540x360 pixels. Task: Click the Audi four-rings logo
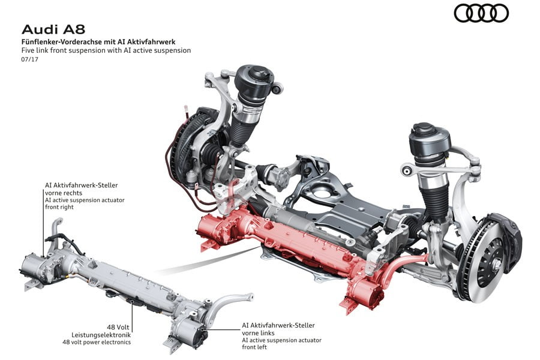pos(481,14)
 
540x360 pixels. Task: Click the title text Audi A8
pos(53,29)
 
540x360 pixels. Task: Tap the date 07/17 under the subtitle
pos(30,59)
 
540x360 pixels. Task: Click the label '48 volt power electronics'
pos(97,342)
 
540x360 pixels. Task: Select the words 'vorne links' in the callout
pos(258,333)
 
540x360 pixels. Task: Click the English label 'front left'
pos(254,347)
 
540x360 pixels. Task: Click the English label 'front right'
pos(59,207)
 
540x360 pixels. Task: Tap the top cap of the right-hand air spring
pos(423,129)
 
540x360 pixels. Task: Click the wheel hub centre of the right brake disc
pos(496,265)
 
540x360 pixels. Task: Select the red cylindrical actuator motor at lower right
pos(369,293)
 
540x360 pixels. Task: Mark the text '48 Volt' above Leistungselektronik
pos(118,327)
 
